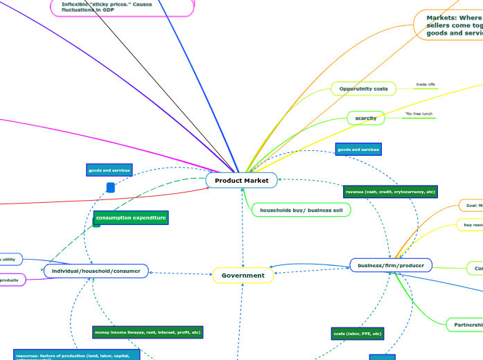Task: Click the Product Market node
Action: (241, 181)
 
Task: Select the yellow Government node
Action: (243, 276)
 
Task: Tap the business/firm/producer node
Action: (391, 265)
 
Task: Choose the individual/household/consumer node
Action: (96, 271)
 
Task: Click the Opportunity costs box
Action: (363, 89)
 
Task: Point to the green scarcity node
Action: (365, 118)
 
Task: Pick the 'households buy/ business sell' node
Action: (301, 210)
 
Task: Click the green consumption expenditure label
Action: (130, 218)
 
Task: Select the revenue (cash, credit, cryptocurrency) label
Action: (390, 192)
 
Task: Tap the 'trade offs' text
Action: (425, 85)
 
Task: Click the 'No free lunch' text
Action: (419, 114)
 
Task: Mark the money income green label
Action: (148, 332)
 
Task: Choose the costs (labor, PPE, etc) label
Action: (358, 334)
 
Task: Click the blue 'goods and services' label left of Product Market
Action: (109, 170)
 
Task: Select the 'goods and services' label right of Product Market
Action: (358, 150)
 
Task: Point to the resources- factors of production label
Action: (76, 354)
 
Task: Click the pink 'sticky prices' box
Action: (123, 7)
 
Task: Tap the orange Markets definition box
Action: (451, 26)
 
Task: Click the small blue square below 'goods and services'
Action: (110, 188)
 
